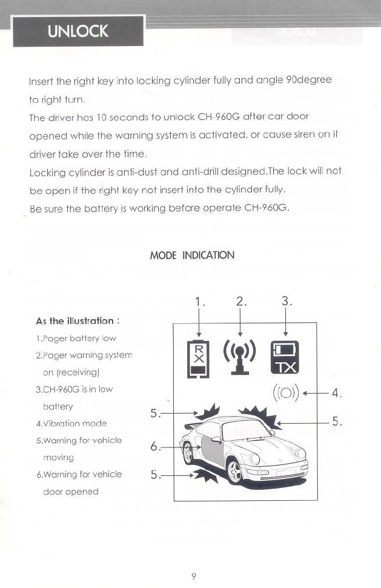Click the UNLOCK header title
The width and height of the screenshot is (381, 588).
coord(78,31)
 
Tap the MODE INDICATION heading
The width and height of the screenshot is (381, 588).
coord(192,255)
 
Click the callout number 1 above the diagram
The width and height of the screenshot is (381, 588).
coord(199,302)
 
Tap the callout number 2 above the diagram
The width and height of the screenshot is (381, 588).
coord(241,302)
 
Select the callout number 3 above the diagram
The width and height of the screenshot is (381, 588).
coord(287,302)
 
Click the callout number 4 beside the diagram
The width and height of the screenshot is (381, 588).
coord(337,394)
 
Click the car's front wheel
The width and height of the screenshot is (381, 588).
coord(237,472)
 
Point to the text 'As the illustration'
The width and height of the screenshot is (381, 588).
coord(75,321)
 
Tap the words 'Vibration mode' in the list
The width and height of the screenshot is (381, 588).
coord(72,423)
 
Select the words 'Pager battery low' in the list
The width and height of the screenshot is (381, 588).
coord(77,339)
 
